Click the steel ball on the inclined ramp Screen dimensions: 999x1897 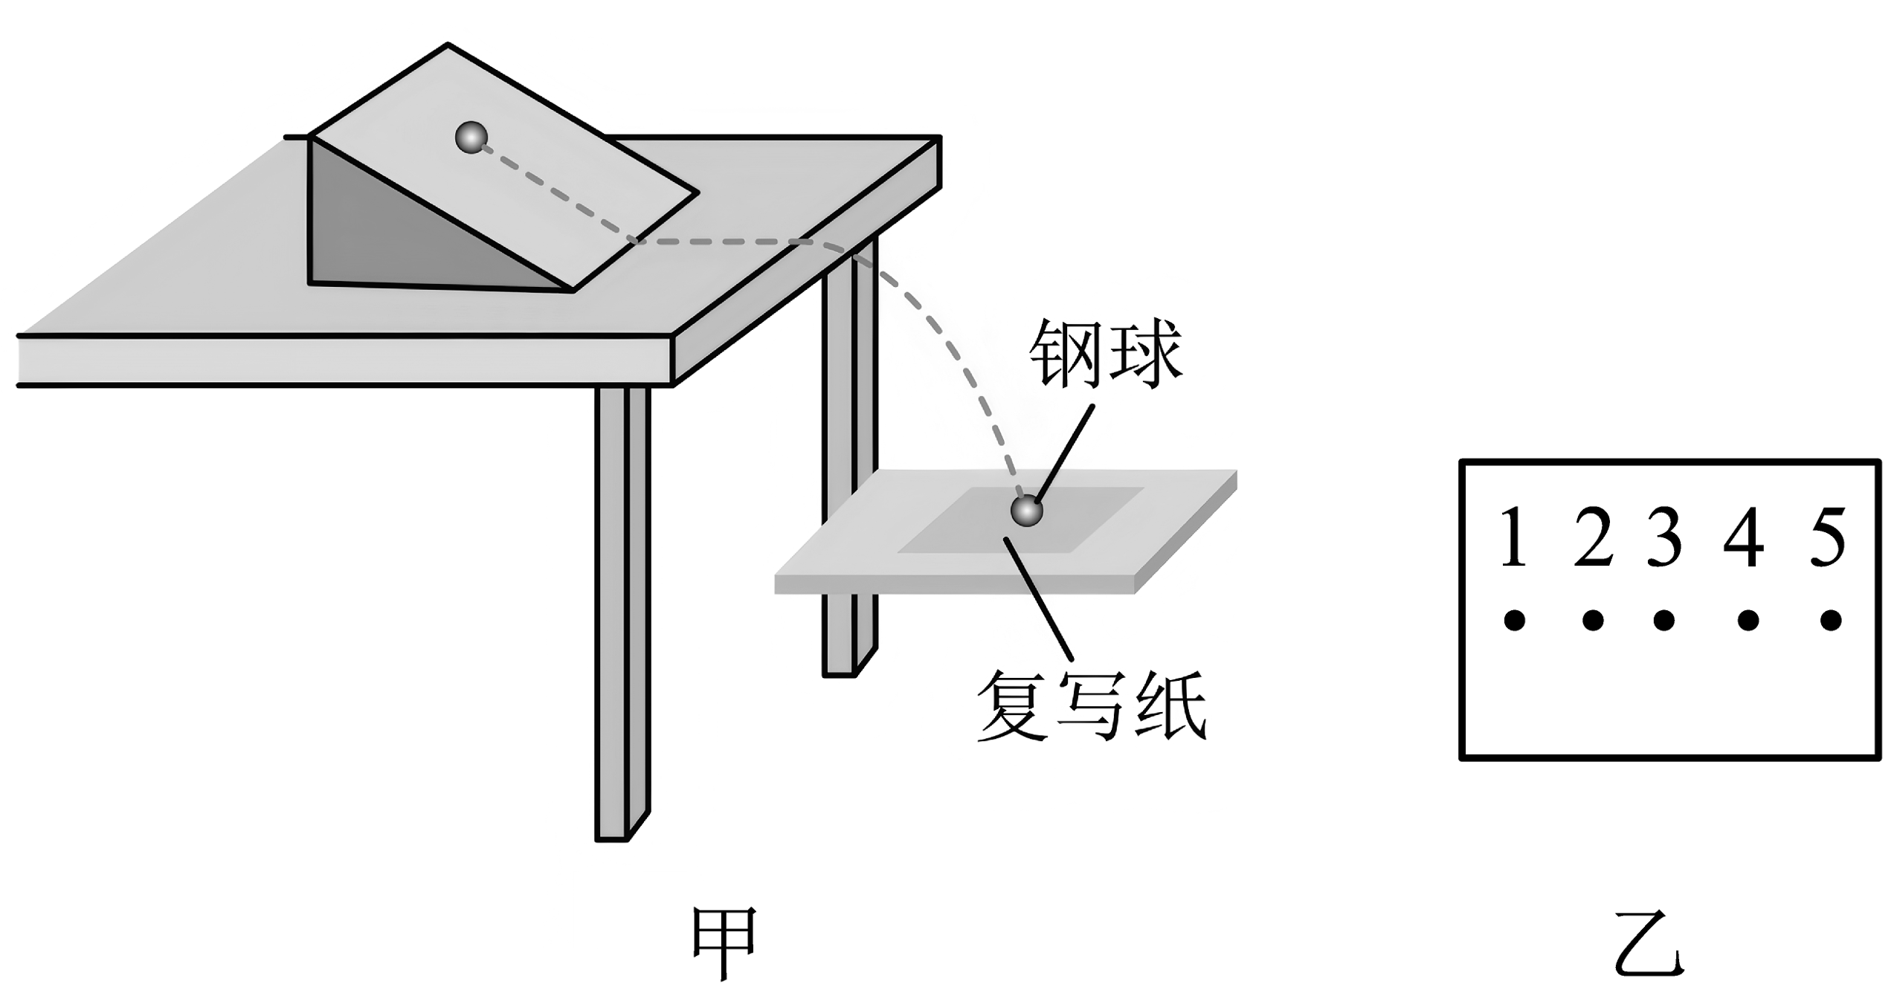click(x=471, y=138)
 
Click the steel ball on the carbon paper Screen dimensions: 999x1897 click(x=1027, y=511)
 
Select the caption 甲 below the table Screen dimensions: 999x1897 click(x=724, y=942)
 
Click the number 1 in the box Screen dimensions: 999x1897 click(x=1513, y=537)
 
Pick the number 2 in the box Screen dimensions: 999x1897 click(x=1592, y=537)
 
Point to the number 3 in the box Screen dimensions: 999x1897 click(x=1664, y=537)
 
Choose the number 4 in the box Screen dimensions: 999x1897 click(x=1744, y=537)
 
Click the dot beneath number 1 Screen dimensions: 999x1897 click(x=1514, y=620)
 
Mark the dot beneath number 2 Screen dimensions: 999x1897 click(x=1593, y=620)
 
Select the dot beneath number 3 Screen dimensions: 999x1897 click(x=1664, y=620)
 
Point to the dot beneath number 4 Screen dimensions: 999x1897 click(x=1748, y=620)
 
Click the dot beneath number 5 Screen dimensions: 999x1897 click(x=1831, y=620)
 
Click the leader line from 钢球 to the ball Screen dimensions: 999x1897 click(x=1065, y=453)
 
